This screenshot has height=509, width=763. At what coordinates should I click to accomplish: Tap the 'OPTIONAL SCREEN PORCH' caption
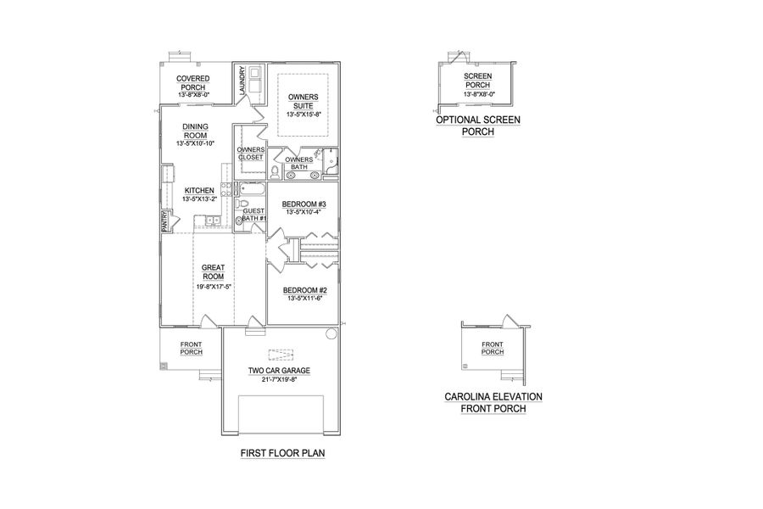tap(478, 126)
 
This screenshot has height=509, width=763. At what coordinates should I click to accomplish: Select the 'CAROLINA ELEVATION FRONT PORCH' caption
tap(493, 402)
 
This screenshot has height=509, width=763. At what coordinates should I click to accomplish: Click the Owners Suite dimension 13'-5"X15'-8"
tap(303, 114)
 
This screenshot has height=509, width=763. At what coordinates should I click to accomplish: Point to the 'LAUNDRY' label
tap(242, 82)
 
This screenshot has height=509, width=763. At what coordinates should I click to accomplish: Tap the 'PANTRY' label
tap(165, 221)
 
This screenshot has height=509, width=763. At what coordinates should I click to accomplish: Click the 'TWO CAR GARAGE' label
tap(279, 371)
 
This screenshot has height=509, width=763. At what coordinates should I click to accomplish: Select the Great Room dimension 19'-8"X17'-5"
tap(213, 287)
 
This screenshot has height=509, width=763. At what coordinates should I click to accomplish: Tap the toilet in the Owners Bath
tap(275, 172)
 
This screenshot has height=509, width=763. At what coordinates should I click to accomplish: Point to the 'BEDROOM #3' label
tap(303, 205)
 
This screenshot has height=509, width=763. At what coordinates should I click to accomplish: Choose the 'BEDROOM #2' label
tap(303, 290)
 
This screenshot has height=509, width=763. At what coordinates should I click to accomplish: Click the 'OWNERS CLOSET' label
tap(250, 154)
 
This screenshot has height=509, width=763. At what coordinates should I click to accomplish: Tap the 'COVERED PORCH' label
tap(193, 83)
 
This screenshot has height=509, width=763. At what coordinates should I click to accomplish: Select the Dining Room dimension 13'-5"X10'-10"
tap(196, 144)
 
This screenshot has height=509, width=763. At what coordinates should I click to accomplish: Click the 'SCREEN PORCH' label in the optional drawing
tap(478, 81)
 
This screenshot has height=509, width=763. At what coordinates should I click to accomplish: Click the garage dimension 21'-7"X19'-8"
tap(279, 380)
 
